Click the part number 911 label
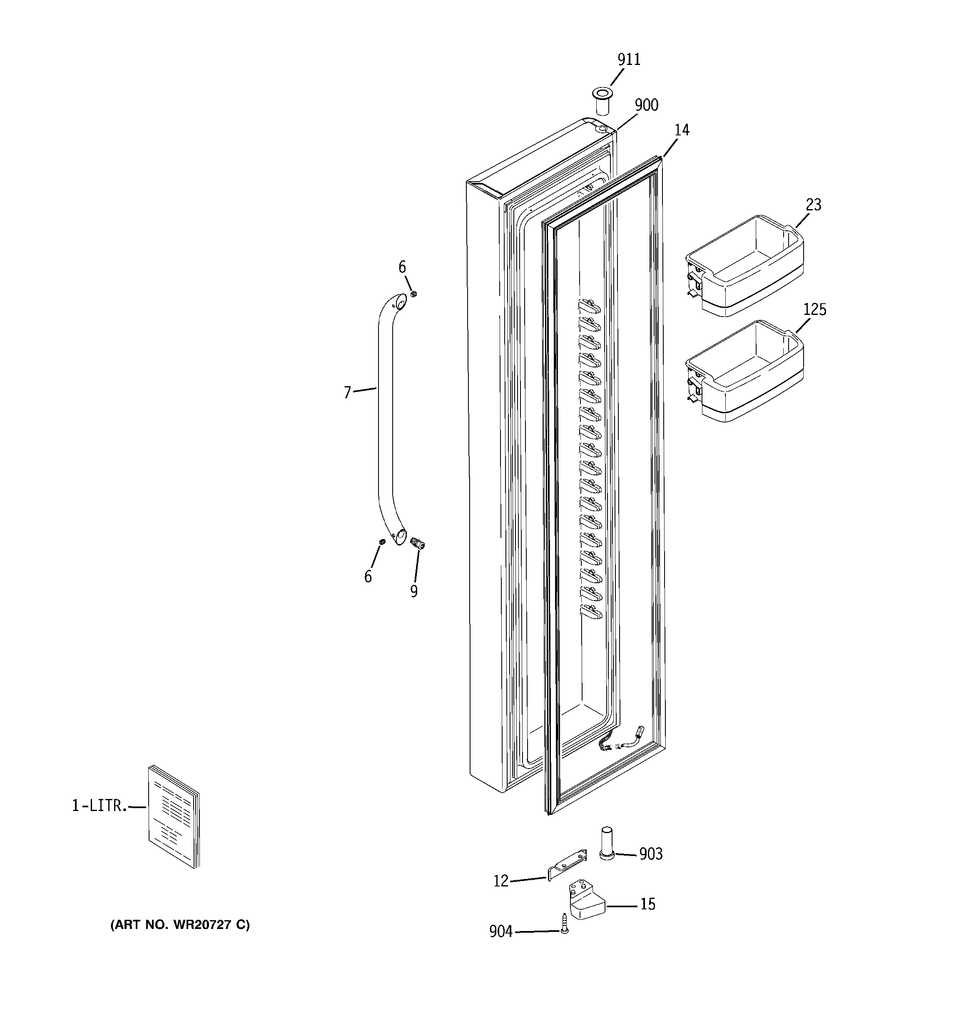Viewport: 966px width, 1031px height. [x=628, y=60]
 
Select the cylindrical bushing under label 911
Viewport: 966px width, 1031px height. [x=602, y=102]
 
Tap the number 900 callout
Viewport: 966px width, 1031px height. [x=646, y=105]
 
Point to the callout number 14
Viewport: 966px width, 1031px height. [x=681, y=130]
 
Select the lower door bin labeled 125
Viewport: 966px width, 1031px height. [x=746, y=371]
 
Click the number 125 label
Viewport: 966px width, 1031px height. [x=814, y=310]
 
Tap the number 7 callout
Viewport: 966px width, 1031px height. [x=347, y=392]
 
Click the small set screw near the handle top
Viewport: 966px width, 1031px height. [x=414, y=294]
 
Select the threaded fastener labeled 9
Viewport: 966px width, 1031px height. [x=417, y=544]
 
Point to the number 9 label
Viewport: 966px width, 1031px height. [x=413, y=591]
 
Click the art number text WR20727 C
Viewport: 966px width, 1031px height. [x=179, y=925]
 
